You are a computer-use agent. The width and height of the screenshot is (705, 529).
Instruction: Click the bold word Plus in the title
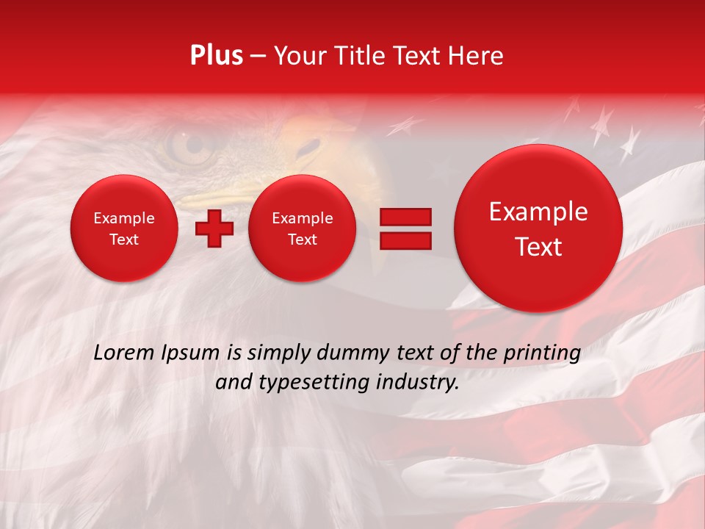[216, 56]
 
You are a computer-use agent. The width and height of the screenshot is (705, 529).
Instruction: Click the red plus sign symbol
[214, 228]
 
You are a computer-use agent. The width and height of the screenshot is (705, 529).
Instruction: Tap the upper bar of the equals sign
[405, 217]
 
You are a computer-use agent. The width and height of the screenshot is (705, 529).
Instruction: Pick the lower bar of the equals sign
[405, 241]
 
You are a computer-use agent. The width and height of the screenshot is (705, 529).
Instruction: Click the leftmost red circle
[124, 228]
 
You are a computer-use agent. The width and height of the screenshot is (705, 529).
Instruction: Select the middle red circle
[303, 228]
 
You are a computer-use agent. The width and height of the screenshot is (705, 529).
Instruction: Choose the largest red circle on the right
[538, 228]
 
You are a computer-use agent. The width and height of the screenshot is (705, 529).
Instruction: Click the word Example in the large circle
[538, 212]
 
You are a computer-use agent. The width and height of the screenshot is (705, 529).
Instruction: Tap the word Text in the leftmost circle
[124, 240]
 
